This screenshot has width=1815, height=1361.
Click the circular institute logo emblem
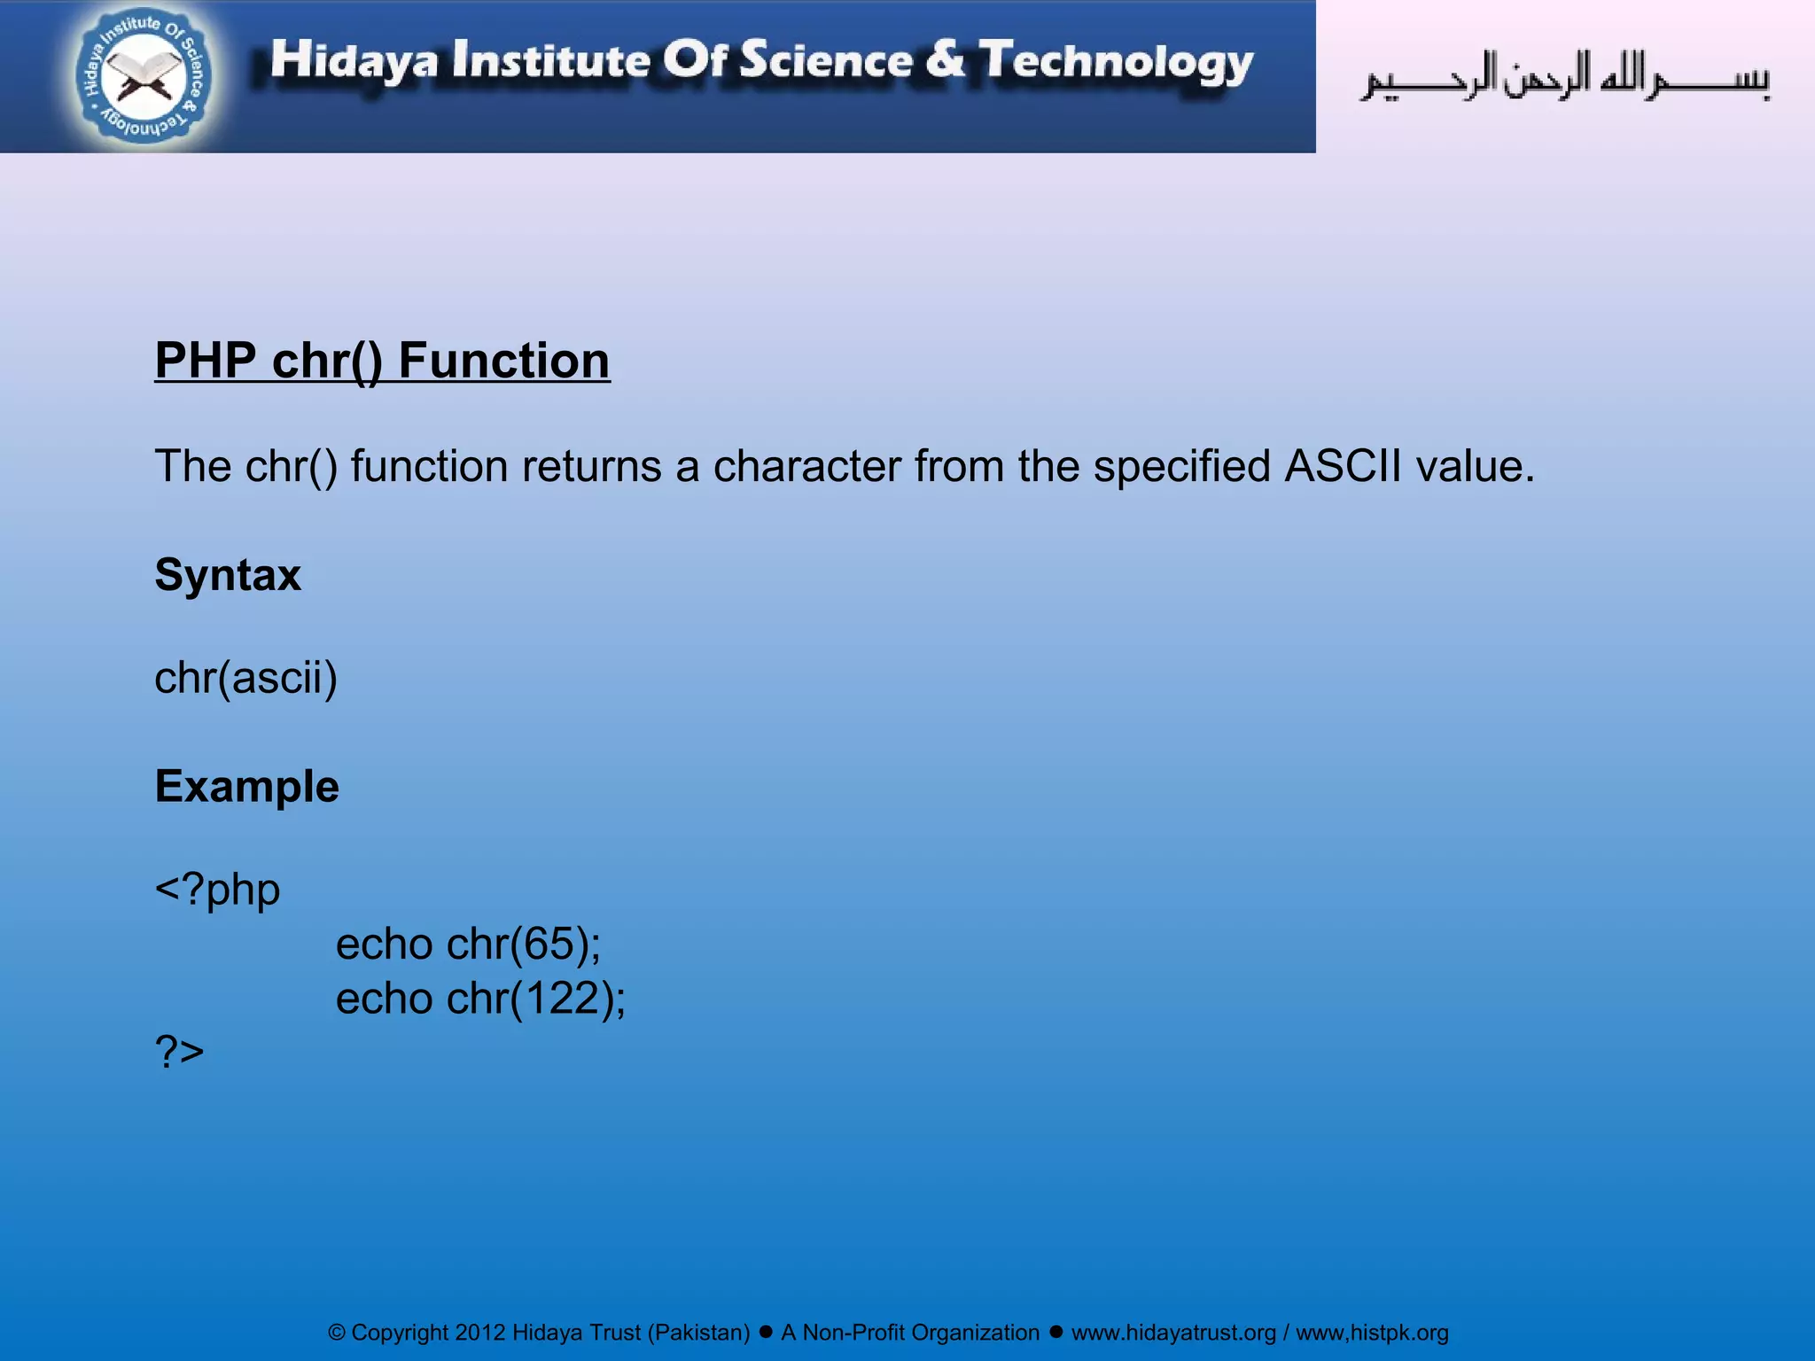pos(144,76)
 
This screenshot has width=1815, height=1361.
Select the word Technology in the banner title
pos(1116,62)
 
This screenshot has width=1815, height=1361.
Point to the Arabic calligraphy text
pos(1565,78)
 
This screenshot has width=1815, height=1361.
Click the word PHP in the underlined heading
pos(205,361)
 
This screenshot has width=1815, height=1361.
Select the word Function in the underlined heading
pos(503,361)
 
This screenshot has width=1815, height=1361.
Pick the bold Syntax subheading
pos(228,575)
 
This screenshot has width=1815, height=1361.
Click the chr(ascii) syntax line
pos(245,679)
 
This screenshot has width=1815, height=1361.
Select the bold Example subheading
pos(246,786)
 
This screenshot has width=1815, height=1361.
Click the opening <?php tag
pos(217,890)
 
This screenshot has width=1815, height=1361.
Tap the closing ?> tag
pos(179,1052)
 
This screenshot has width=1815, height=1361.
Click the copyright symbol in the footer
pos(337,1333)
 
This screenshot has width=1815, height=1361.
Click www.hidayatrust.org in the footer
pos(1173,1333)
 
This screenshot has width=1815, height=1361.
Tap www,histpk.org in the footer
pos(1372,1333)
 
